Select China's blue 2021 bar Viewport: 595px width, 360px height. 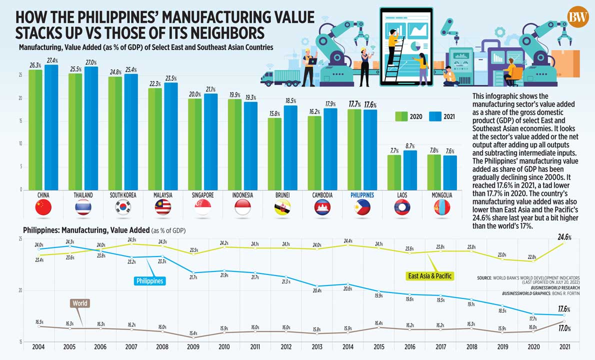click(x=51, y=127)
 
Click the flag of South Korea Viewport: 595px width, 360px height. click(x=123, y=207)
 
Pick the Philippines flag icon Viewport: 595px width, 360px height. click(x=362, y=207)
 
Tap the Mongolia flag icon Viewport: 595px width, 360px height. click(x=442, y=207)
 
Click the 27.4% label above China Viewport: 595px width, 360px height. click(x=51, y=60)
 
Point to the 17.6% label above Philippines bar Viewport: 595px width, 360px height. click(x=370, y=105)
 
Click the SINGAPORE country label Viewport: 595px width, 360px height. click(x=203, y=195)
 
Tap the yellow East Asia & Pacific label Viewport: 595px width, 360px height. click(x=429, y=275)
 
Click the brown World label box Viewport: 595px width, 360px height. click(x=80, y=303)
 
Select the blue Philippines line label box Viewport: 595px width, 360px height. click(x=149, y=281)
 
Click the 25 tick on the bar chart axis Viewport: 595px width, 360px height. click(x=20, y=75)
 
